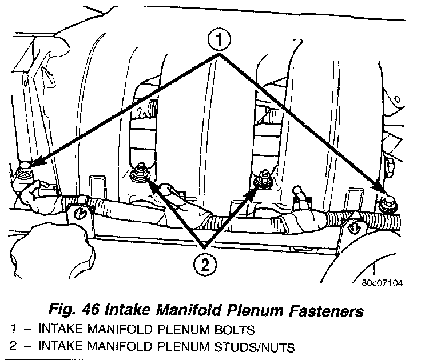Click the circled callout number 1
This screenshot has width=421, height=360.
click(220, 41)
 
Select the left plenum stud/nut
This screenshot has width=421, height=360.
click(138, 174)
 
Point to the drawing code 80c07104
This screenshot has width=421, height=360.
click(382, 282)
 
